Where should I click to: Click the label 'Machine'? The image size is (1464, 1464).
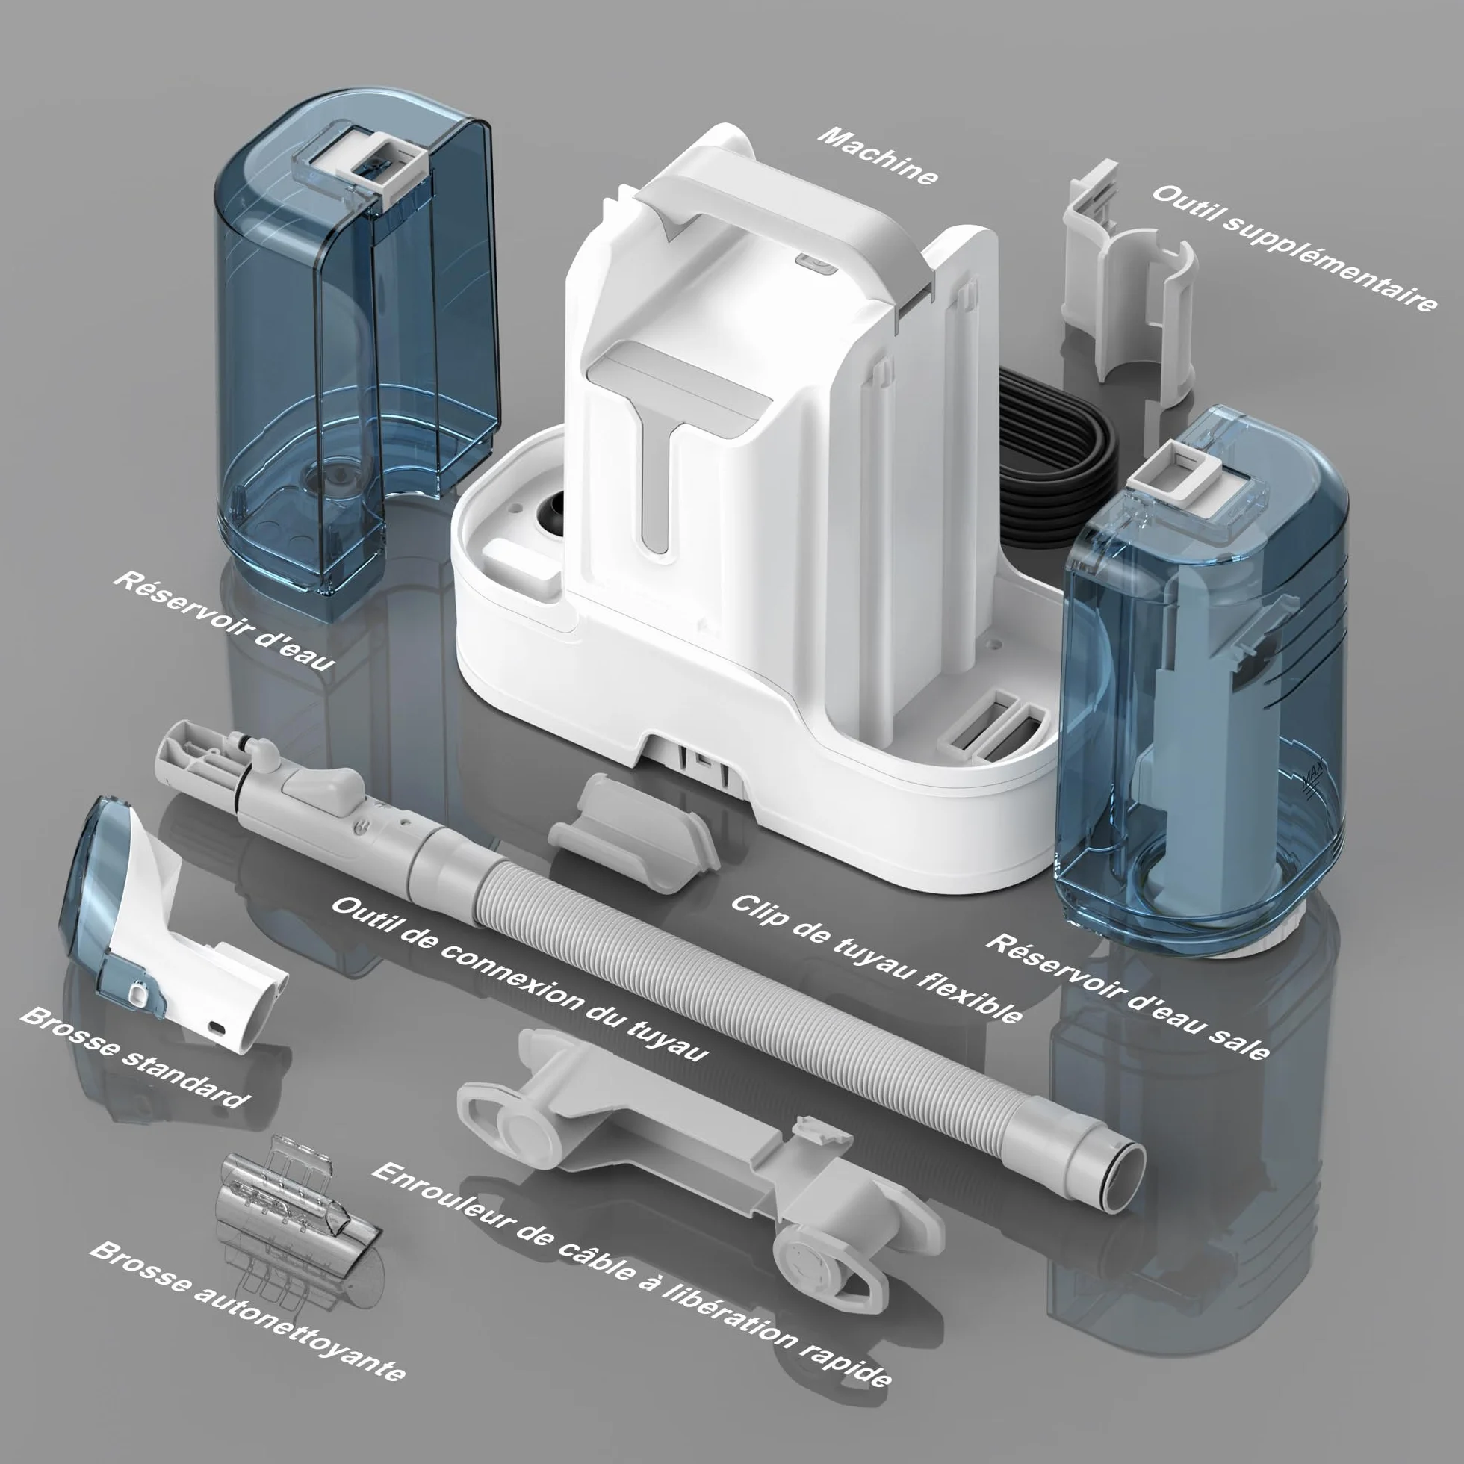coord(878,157)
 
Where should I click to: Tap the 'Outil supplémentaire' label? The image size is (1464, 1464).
coord(1294,247)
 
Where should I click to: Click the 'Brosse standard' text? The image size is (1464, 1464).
coord(134,1058)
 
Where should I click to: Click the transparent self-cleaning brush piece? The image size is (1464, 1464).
coord(297,1197)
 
